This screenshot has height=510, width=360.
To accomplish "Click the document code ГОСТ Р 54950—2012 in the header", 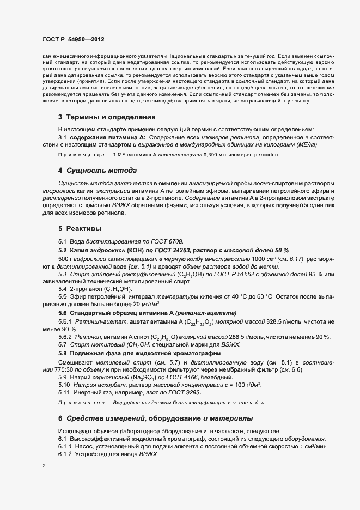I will [74, 40].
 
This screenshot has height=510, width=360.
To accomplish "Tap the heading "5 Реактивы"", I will [81, 228].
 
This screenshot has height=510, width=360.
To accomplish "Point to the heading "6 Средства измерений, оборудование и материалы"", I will [155, 418].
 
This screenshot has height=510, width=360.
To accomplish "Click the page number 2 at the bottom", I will [44, 466].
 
